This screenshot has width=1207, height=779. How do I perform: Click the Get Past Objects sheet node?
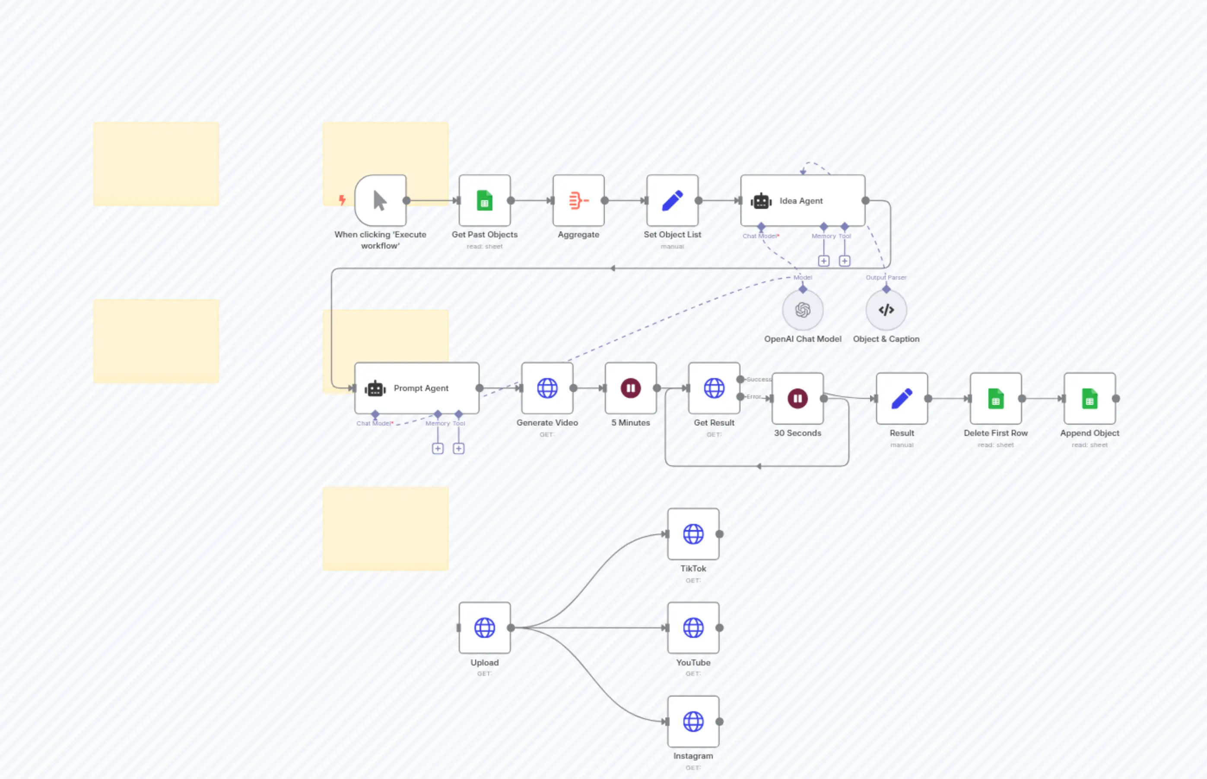click(x=485, y=201)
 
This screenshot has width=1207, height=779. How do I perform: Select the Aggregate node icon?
click(x=578, y=201)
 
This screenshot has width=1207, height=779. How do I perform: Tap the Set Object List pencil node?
click(x=672, y=201)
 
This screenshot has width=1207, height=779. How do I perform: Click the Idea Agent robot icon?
click(x=760, y=201)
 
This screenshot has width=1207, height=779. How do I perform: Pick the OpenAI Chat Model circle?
click(x=803, y=309)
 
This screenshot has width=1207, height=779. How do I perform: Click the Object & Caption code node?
click(x=886, y=309)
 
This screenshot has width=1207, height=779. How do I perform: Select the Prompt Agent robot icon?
click(x=375, y=388)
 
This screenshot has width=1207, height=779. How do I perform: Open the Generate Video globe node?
click(x=547, y=388)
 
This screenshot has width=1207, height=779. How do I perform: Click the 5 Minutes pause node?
click(x=630, y=388)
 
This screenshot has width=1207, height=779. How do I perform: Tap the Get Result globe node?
click(x=714, y=388)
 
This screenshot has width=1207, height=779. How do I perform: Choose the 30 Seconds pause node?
click(x=797, y=399)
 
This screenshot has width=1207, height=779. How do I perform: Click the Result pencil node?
click(x=902, y=399)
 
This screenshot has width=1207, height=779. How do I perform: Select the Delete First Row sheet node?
click(x=995, y=399)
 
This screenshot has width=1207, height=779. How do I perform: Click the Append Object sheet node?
click(x=1089, y=399)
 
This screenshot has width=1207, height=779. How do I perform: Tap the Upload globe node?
click(x=485, y=628)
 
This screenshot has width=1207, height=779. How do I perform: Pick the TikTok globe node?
click(x=693, y=534)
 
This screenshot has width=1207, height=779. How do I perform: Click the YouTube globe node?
click(x=693, y=628)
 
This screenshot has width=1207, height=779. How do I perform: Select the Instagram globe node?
click(x=693, y=721)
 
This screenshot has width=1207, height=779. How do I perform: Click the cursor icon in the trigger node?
click(x=380, y=201)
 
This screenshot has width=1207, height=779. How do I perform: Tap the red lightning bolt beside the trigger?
click(x=342, y=200)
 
